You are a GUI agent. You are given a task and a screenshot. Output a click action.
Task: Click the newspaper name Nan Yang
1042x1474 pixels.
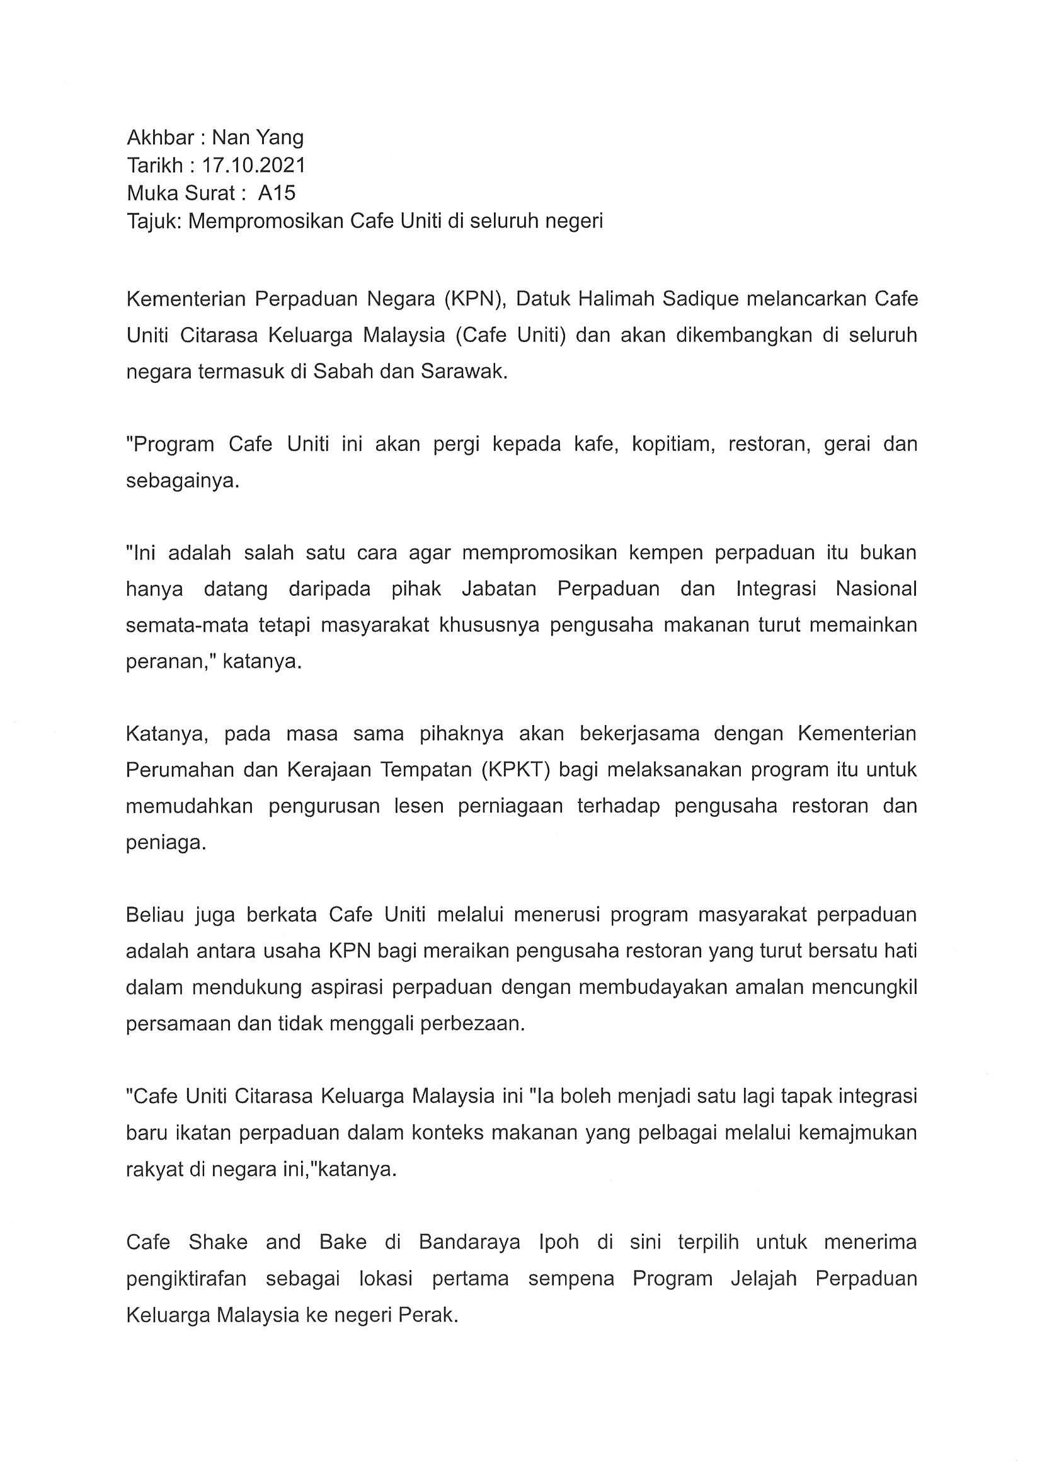[258, 138]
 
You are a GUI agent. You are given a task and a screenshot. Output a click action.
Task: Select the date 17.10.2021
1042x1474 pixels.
[254, 166]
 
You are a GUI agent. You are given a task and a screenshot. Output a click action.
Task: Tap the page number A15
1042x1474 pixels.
[277, 193]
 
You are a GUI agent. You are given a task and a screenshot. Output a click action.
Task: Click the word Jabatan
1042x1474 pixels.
[499, 589]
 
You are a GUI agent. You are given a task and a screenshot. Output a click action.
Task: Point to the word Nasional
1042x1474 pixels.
[876, 589]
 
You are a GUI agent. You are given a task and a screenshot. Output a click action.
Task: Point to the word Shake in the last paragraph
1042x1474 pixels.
[217, 1242]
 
